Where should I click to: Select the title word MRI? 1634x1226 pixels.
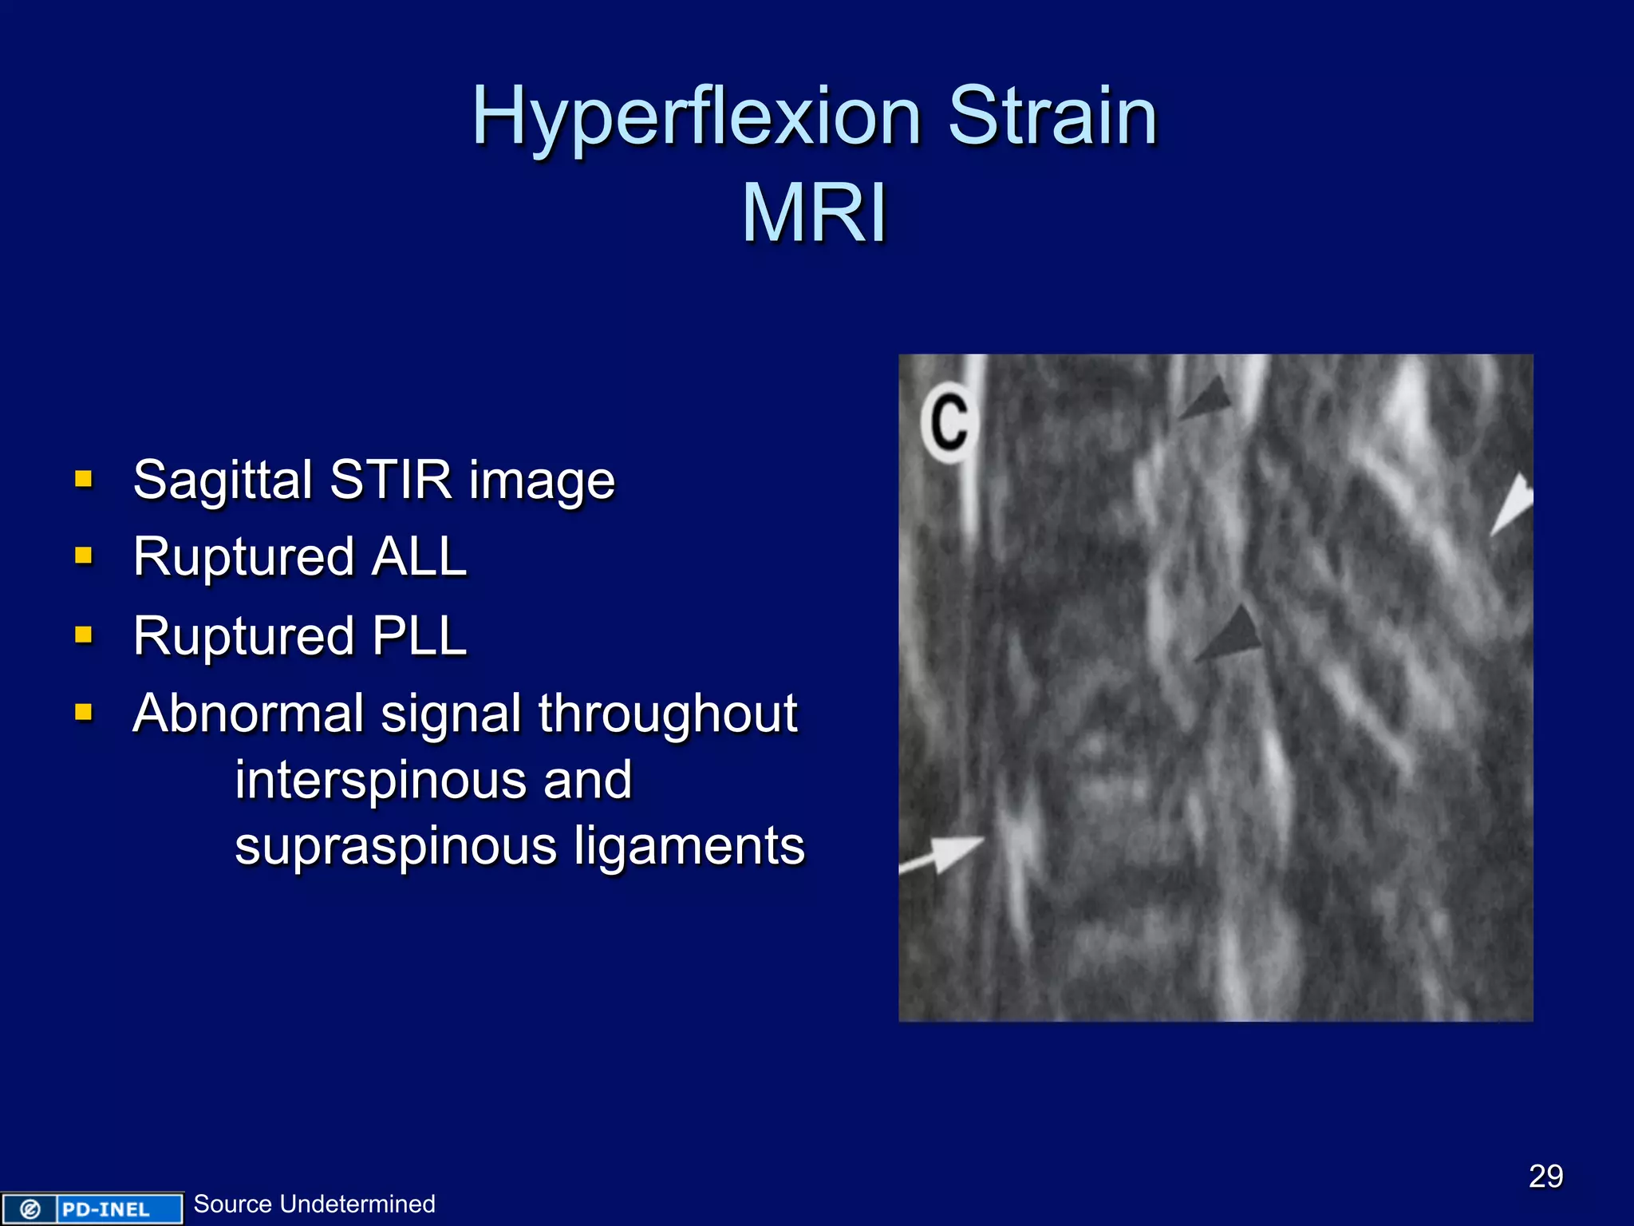point(814,214)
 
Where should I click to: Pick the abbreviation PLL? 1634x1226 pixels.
point(419,636)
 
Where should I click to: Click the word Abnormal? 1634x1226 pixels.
point(248,713)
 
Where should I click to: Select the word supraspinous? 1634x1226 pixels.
point(396,846)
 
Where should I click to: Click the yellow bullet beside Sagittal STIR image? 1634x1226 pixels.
point(84,479)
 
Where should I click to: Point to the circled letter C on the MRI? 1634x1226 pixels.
point(949,421)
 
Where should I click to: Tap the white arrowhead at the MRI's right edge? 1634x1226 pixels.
point(1514,504)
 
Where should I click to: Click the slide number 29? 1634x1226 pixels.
point(1545,1177)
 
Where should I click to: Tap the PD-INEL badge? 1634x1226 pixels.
point(92,1208)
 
